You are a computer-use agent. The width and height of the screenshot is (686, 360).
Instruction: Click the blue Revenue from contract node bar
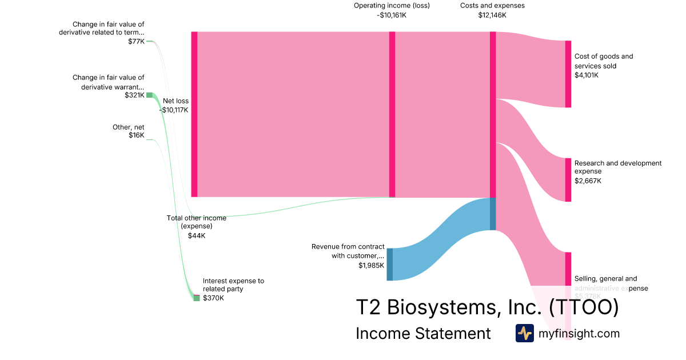pyautogui.click(x=390, y=264)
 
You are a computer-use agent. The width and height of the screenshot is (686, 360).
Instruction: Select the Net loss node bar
pyautogui.click(x=194, y=114)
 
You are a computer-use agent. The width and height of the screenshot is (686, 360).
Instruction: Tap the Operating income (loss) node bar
pyautogui.click(x=392, y=114)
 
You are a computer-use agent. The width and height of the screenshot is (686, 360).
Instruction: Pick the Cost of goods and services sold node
pyautogui.click(x=568, y=74)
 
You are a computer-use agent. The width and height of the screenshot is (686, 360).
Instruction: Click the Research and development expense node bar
pyautogui.click(x=568, y=180)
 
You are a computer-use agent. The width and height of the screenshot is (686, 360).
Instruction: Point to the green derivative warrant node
pyautogui.click(x=150, y=95)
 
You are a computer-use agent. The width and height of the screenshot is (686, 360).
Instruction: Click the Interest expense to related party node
pyautogui.click(x=197, y=298)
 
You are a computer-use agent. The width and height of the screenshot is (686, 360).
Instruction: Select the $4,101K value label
pyautogui.click(x=587, y=75)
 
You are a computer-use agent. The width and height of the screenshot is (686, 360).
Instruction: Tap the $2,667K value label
pyautogui.click(x=588, y=181)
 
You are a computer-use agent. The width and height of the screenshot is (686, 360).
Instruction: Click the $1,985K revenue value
pyautogui.click(x=371, y=265)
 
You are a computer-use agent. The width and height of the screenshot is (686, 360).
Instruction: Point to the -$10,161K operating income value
pyautogui.click(x=392, y=15)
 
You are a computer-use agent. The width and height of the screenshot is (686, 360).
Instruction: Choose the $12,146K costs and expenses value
pyautogui.click(x=492, y=15)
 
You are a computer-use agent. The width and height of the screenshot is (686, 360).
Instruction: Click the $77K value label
pyautogui.click(x=137, y=41)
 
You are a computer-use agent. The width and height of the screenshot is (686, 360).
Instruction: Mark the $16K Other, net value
pyautogui.click(x=137, y=135)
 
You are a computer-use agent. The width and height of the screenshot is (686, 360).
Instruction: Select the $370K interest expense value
pyautogui.click(x=213, y=298)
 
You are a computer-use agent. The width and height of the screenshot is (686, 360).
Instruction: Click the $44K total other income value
pyautogui.click(x=196, y=235)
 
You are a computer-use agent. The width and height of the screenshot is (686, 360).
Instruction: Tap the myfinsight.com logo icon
pyautogui.click(x=524, y=333)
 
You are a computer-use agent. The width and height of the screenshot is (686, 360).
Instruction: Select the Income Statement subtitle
pyautogui.click(x=423, y=333)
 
